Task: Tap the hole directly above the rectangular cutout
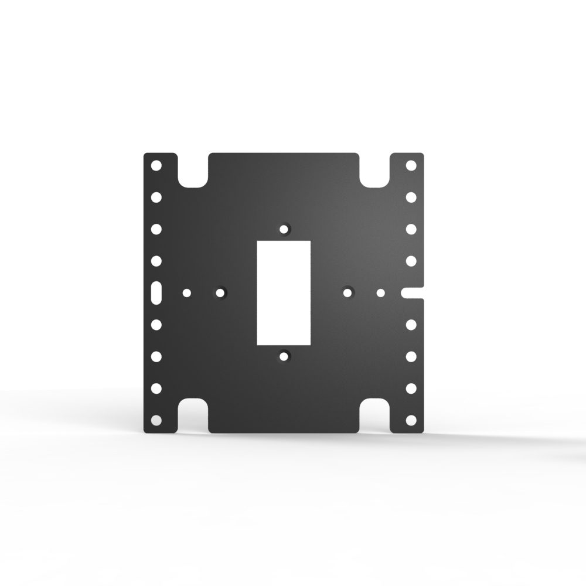point(284,229)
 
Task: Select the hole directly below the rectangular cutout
point(284,356)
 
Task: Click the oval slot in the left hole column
point(156,292)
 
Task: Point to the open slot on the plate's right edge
point(413,292)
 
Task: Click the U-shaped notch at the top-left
point(193,171)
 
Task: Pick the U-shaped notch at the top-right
point(375,171)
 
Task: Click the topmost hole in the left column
point(156,165)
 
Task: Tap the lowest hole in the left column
point(156,420)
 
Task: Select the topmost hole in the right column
point(411,165)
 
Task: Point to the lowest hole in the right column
point(411,420)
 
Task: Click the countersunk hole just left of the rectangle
point(220,291)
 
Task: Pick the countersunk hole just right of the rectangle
point(348,291)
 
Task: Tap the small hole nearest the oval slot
point(187,292)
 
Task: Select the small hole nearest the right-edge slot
point(381,292)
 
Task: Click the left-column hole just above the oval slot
point(156,260)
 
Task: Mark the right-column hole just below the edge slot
point(411,324)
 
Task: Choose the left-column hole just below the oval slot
point(156,324)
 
